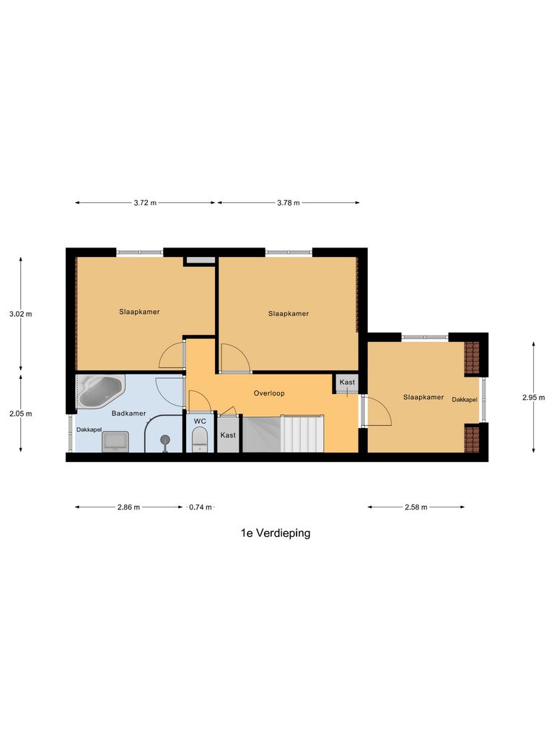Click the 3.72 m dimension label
click(x=145, y=203)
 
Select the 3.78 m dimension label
click(x=288, y=203)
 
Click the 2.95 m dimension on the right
click(x=533, y=397)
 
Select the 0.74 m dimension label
click(x=200, y=507)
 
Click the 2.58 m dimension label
click(x=415, y=507)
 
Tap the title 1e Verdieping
click(x=276, y=533)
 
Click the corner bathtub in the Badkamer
click(x=99, y=390)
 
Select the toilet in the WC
click(x=200, y=438)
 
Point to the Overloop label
click(x=269, y=394)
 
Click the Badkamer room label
click(x=129, y=414)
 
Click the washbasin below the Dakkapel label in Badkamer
click(x=115, y=441)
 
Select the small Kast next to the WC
click(x=228, y=436)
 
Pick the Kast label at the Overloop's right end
click(x=347, y=382)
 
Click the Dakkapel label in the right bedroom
click(x=465, y=400)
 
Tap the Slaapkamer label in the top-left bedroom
click(x=139, y=312)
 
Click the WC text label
click(x=200, y=421)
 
